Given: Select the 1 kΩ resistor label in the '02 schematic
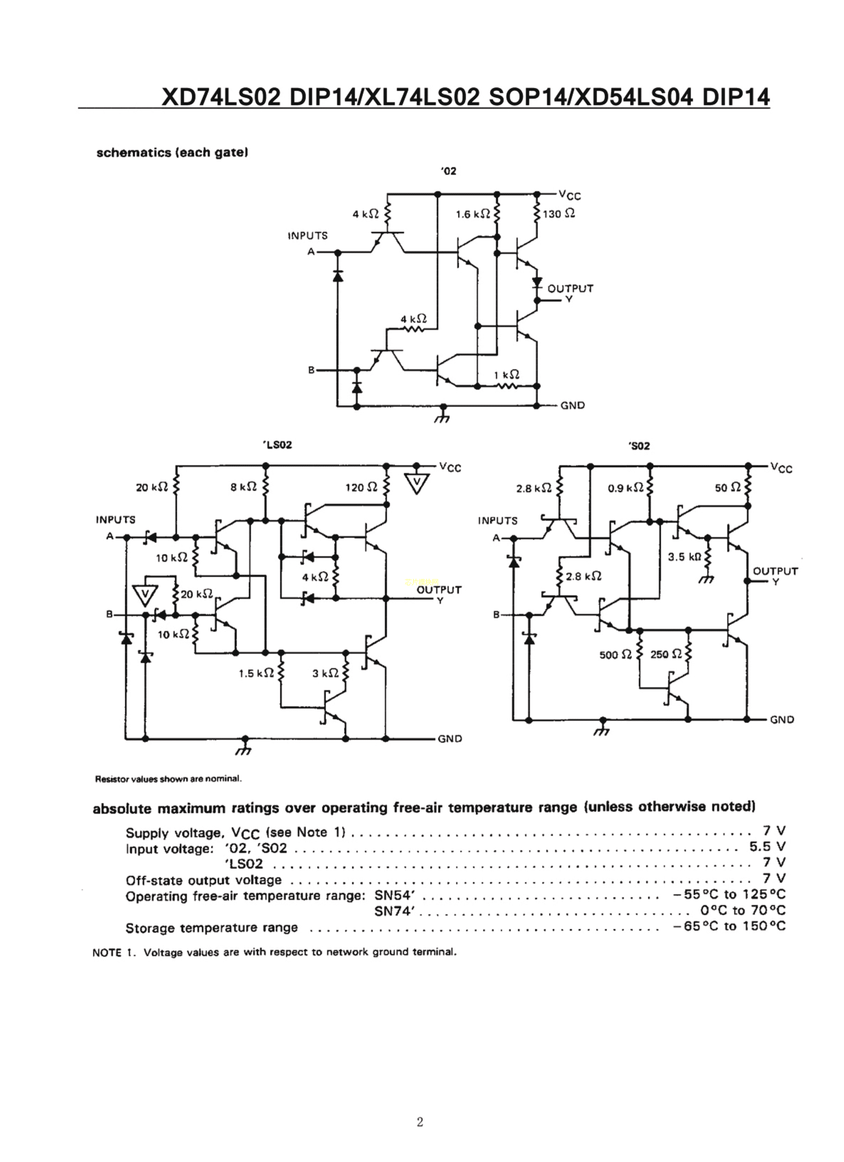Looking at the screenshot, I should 506,375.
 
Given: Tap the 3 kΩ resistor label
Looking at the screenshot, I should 326,673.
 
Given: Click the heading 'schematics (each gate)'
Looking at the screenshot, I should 172,153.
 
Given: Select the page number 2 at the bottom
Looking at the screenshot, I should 420,1122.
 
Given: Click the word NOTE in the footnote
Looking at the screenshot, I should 106,952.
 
